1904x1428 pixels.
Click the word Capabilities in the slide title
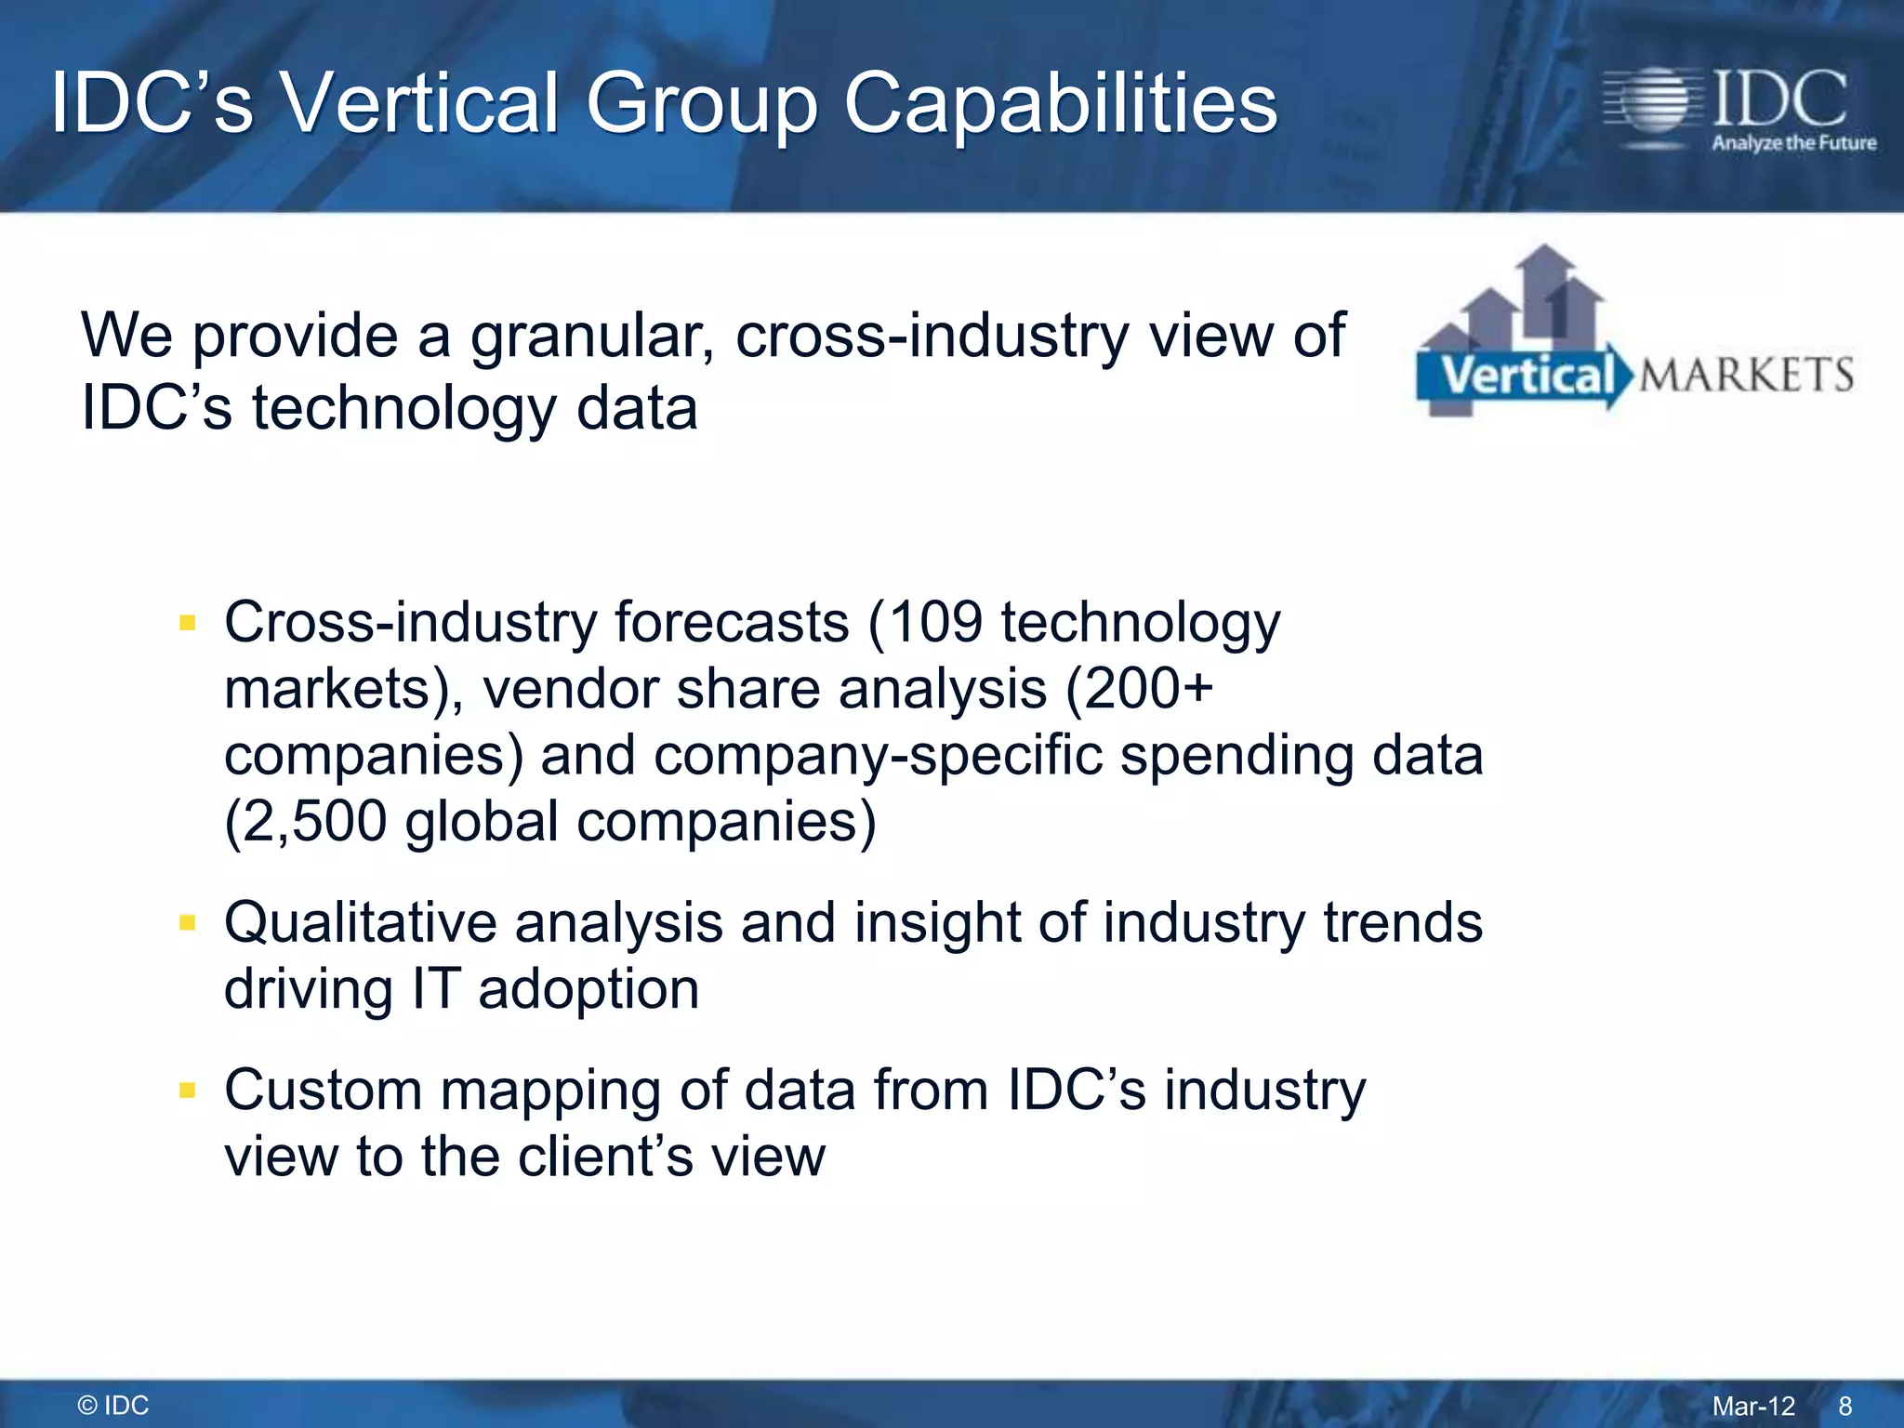coord(1060,104)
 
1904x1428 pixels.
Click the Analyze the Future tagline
coord(1793,143)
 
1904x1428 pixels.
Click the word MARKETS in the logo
coord(1746,375)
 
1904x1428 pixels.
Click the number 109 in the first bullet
coord(935,622)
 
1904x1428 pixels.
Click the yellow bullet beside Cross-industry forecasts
coord(188,623)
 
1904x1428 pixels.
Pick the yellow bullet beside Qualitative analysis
coord(188,923)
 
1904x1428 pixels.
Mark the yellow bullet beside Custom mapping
coord(188,1091)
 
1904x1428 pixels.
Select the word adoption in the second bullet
coord(588,989)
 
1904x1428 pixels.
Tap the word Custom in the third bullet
coord(323,1091)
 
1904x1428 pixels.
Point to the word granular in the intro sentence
coord(591,337)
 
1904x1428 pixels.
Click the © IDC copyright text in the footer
coord(113,1406)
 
